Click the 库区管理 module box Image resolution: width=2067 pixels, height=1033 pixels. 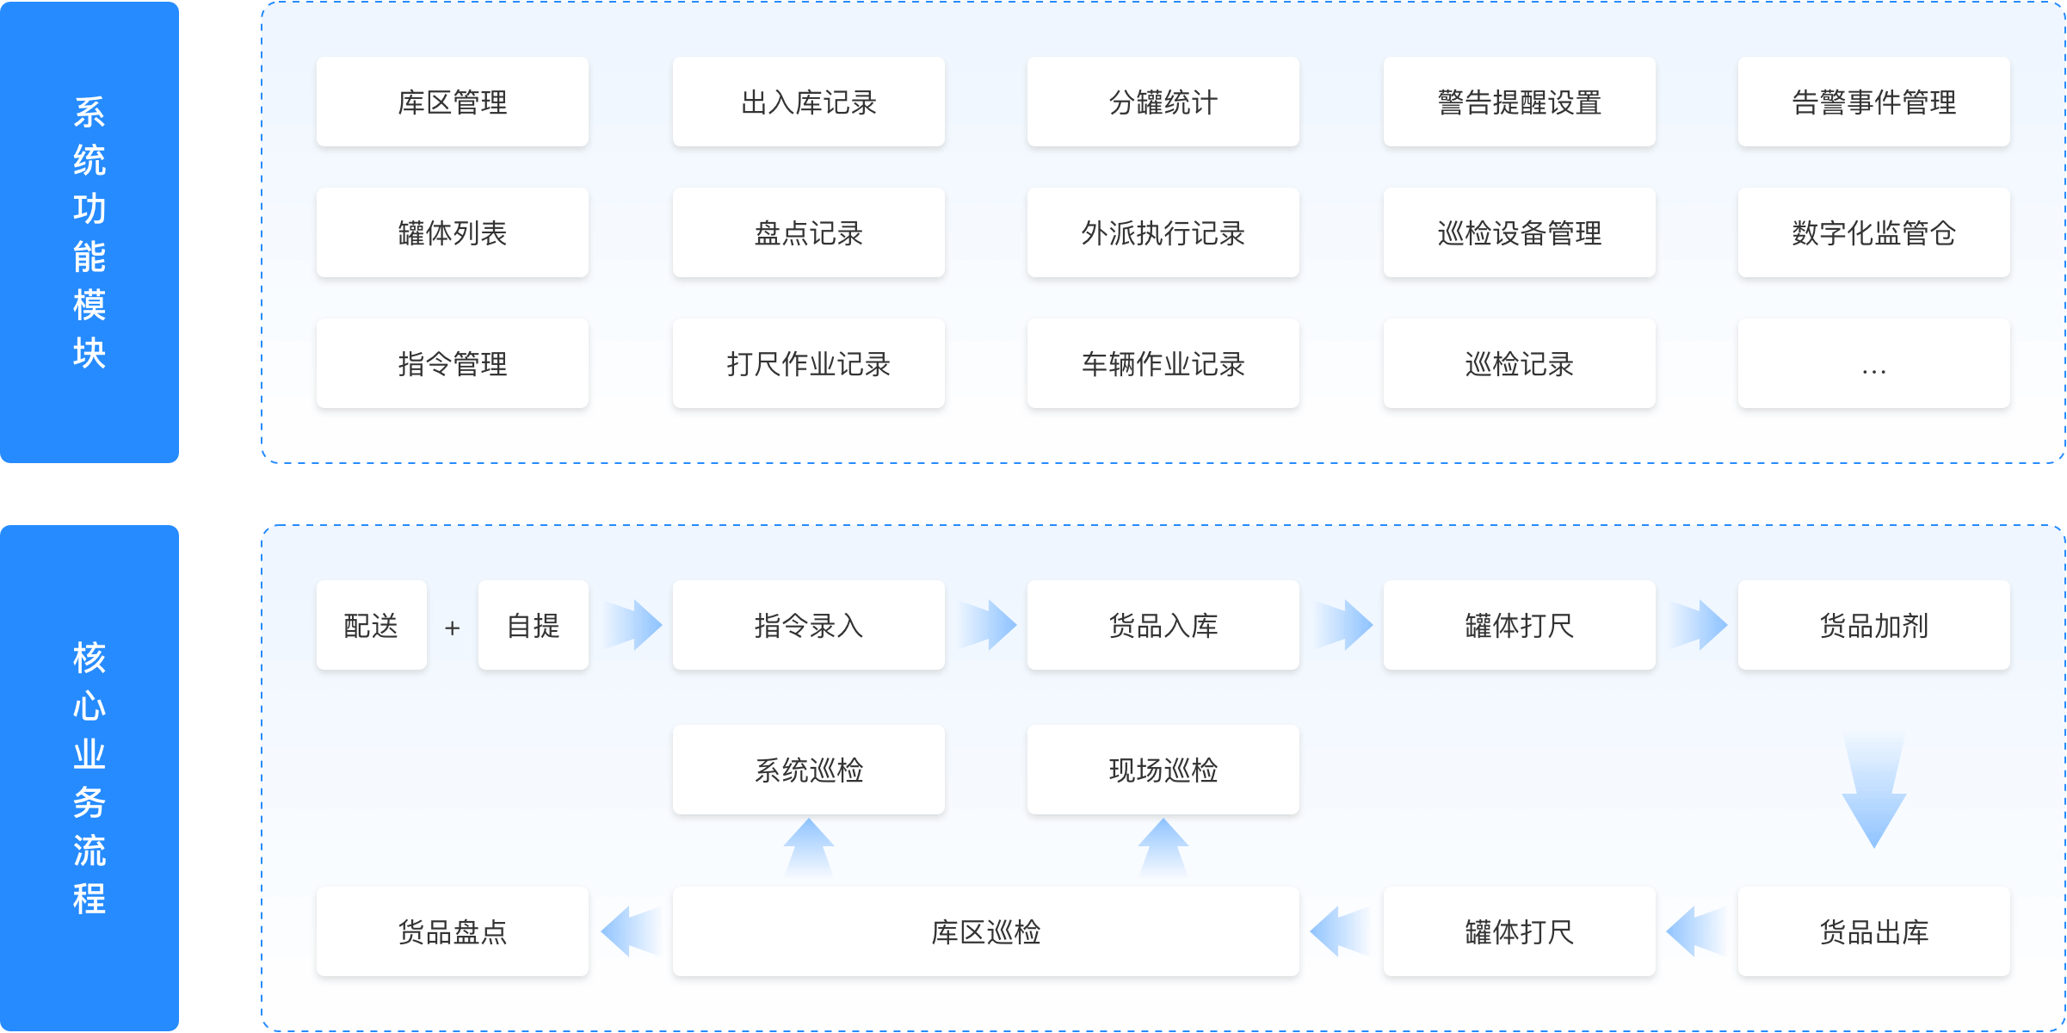[453, 102]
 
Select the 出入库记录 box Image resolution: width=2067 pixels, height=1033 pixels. [808, 102]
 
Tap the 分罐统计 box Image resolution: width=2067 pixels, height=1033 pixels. [1163, 102]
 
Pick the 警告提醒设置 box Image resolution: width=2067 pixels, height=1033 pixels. [1519, 102]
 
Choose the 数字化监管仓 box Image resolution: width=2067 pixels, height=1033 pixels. [1873, 233]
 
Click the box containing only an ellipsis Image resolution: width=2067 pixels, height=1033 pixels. [1873, 364]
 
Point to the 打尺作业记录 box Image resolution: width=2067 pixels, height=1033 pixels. [808, 364]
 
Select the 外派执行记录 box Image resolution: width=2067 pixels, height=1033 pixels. [1163, 233]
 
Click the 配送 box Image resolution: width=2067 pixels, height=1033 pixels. [371, 625]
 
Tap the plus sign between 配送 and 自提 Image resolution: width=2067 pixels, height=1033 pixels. [452, 628]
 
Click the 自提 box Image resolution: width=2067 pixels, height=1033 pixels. [534, 625]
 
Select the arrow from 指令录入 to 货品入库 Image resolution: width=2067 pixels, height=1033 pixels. [986, 625]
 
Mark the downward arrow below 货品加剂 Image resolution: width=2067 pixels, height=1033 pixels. [1873, 788]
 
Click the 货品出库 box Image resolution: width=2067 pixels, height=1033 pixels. [1873, 931]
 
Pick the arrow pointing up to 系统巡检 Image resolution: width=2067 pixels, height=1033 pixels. [808, 849]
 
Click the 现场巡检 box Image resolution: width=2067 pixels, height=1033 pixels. [1163, 770]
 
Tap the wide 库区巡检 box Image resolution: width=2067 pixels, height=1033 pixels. [985, 931]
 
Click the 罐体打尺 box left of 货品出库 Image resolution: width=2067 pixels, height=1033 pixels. [1519, 931]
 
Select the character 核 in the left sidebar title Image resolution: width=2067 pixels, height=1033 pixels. [89, 658]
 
